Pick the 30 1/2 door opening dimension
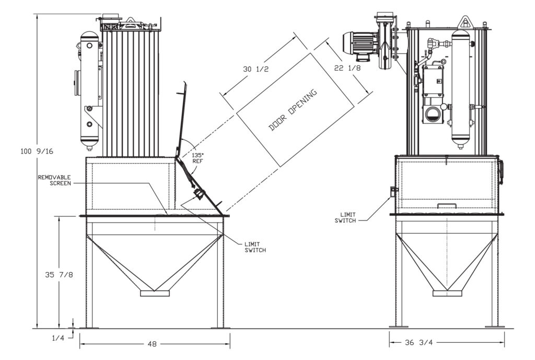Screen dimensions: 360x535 coord(255,69)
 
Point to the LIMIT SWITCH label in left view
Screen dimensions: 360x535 coord(255,247)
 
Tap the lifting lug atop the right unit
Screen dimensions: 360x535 coord(463,22)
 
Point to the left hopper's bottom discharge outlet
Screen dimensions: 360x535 coord(155,293)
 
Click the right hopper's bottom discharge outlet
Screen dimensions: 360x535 coord(447,293)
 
